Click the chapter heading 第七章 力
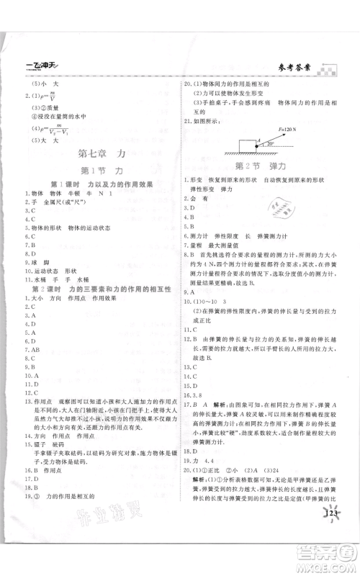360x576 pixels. (100, 153)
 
